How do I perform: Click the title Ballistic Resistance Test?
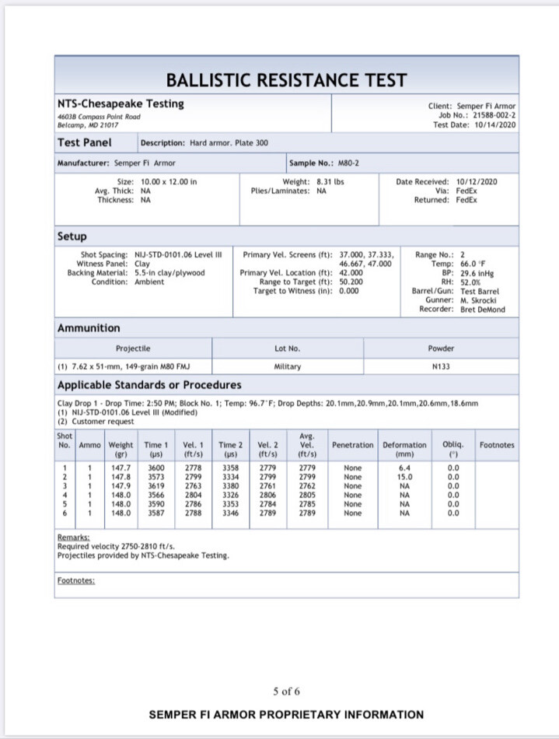[286, 80]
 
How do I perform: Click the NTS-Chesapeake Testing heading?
[121, 103]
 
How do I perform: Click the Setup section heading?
[72, 236]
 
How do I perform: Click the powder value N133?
[441, 366]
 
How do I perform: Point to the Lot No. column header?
[287, 348]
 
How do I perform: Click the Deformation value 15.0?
[404, 477]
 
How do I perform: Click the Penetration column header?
[352, 445]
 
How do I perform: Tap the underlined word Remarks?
[73, 537]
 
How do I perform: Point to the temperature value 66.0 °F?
[476, 264]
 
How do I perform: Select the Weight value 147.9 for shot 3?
[121, 485]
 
